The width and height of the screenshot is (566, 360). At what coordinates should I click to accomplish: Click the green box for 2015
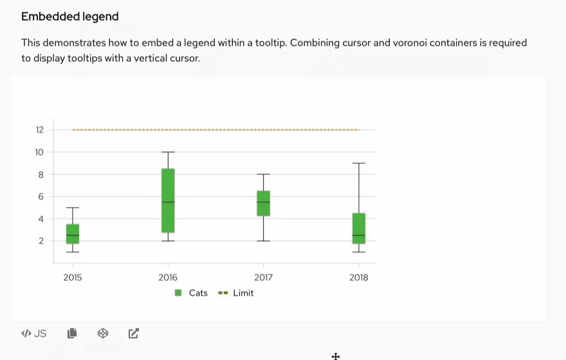tap(72, 234)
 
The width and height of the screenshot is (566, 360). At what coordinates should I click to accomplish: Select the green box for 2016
tap(168, 201)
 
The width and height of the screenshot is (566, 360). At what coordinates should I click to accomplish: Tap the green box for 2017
tap(263, 203)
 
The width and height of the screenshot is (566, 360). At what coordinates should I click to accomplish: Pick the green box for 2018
tap(359, 229)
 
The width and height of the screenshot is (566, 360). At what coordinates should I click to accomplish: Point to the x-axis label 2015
tap(73, 278)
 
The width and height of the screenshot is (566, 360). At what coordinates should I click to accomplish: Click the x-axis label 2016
tap(168, 278)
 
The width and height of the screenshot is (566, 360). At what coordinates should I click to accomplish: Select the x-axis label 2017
tap(263, 278)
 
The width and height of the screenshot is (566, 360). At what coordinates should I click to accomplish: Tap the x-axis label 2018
tap(359, 278)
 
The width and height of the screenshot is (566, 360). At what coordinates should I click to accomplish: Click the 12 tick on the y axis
tap(40, 130)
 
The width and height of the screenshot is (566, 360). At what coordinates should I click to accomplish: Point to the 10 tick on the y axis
tap(40, 152)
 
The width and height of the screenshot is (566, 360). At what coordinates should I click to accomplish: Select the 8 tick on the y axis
tap(40, 174)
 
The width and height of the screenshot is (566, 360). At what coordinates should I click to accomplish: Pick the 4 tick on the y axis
tap(40, 219)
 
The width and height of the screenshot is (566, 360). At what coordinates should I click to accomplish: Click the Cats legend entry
tap(192, 293)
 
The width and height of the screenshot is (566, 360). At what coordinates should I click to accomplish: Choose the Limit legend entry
tap(237, 293)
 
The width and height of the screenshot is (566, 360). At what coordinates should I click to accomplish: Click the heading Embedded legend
tap(70, 17)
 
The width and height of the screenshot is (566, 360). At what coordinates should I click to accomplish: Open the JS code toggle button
tap(34, 333)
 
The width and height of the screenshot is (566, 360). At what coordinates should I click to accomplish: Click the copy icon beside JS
tap(72, 333)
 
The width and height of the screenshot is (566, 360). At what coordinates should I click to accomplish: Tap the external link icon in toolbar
tap(133, 333)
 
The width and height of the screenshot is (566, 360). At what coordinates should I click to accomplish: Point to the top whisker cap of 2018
tap(359, 163)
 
